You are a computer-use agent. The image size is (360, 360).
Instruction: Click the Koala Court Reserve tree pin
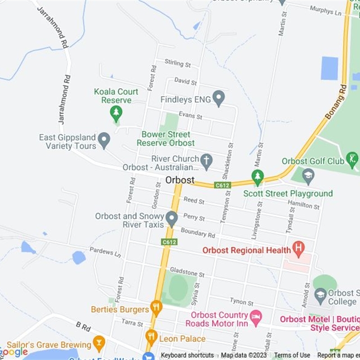click(117, 113)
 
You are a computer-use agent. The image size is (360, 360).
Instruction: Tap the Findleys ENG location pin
click(218, 98)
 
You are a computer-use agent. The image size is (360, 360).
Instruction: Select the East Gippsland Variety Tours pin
click(104, 140)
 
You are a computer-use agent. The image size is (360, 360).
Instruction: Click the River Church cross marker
click(206, 161)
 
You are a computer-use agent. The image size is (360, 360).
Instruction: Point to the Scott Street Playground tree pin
click(257, 177)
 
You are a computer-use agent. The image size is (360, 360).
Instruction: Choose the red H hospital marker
click(297, 247)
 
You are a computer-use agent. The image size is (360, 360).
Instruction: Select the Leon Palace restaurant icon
click(151, 337)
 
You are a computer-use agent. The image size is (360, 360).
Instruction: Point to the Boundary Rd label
click(198, 234)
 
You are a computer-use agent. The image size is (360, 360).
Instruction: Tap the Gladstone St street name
click(187, 272)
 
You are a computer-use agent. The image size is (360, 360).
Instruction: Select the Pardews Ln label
click(105, 252)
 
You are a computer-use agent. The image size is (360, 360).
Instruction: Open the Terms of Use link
click(292, 355)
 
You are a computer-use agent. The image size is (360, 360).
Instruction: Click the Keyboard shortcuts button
click(187, 355)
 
